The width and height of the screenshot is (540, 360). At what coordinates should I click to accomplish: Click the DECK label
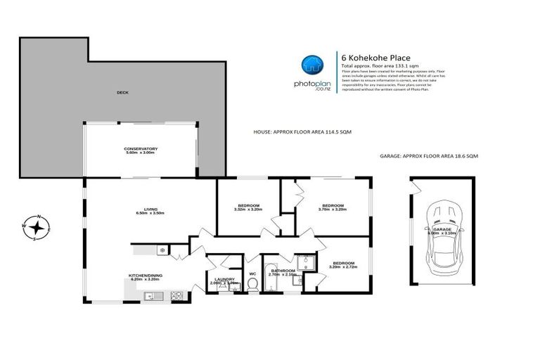point(122,92)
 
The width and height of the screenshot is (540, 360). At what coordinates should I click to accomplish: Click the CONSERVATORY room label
point(140,148)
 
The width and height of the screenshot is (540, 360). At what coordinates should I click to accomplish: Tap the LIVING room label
point(149,209)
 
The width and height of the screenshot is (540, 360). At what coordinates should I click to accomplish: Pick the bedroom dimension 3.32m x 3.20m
point(247,209)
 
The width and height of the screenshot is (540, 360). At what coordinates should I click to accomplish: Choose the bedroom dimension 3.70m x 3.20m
point(333,209)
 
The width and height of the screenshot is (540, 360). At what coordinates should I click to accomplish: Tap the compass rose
point(37,227)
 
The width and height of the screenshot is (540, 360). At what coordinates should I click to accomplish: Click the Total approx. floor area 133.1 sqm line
point(374,66)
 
